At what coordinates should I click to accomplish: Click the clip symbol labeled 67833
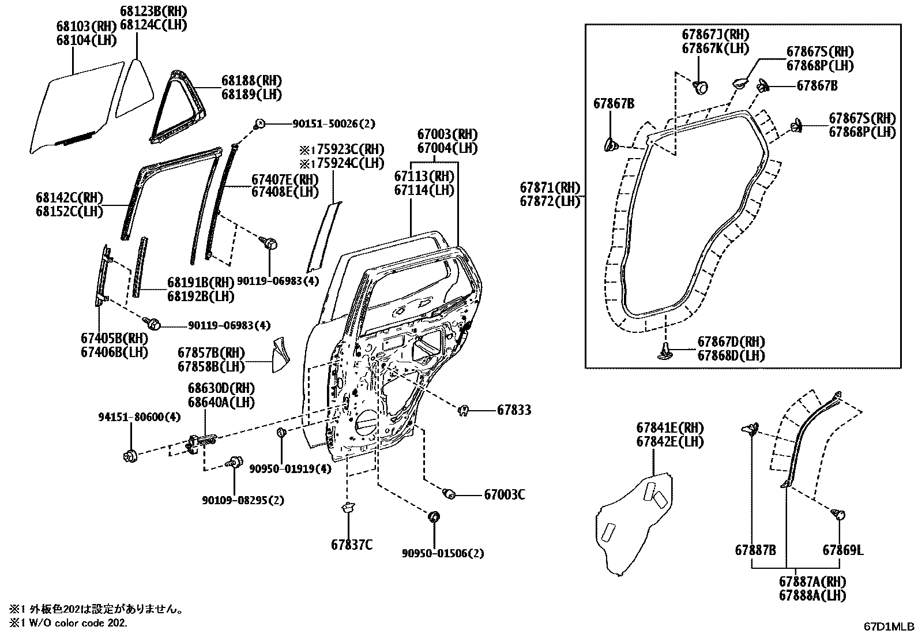[x=462, y=411]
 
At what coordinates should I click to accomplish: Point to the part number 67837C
[x=351, y=544]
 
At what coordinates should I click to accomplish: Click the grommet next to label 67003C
[x=450, y=494]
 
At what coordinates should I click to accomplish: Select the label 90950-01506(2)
[x=443, y=554]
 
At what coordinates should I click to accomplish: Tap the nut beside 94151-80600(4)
[x=130, y=456]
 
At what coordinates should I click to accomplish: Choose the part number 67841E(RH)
[x=670, y=428]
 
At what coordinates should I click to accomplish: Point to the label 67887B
[x=755, y=550]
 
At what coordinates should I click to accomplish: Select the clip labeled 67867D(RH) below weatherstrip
[x=665, y=351]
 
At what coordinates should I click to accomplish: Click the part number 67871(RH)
[x=550, y=187]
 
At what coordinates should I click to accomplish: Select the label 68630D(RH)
[x=221, y=388]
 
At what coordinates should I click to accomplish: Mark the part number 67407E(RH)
[x=284, y=179]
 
